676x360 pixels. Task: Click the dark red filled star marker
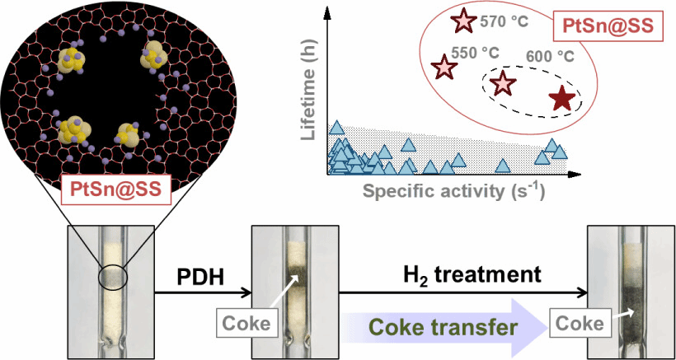pyautogui.click(x=563, y=100)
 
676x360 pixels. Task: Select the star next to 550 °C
pyautogui.click(x=445, y=67)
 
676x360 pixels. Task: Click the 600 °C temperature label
pyautogui.click(x=550, y=57)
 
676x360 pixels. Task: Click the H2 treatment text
pyautogui.click(x=472, y=274)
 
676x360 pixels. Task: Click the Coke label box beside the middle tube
pyautogui.click(x=246, y=323)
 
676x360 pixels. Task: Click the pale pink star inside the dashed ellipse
pyautogui.click(x=503, y=82)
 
